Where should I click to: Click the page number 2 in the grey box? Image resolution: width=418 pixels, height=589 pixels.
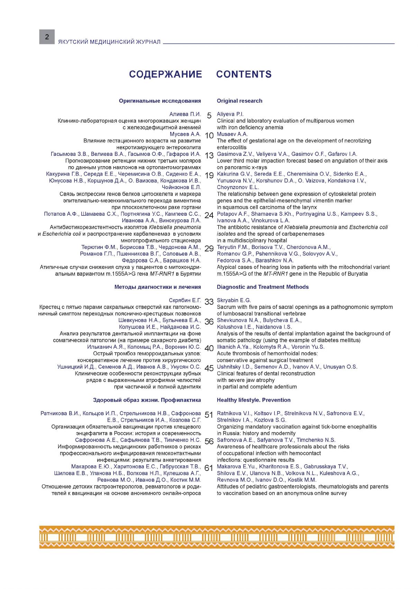tap(47, 37)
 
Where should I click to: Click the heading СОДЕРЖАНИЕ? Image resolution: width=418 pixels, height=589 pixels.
tap(165, 74)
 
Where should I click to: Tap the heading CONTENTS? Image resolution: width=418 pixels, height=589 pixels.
tap(244, 74)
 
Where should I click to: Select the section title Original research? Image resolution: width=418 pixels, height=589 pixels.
tap(239, 101)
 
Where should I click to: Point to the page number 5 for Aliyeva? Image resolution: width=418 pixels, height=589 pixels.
tap(209, 116)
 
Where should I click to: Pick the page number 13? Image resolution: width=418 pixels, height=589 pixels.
tap(209, 156)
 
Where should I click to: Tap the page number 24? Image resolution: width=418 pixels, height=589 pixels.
tap(209, 215)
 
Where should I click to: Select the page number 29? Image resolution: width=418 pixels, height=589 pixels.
tap(209, 249)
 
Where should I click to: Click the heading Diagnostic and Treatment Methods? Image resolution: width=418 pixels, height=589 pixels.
tap(263, 287)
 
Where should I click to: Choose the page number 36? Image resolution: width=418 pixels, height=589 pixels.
tap(209, 322)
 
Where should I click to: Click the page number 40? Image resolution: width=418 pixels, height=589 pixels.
tap(209, 348)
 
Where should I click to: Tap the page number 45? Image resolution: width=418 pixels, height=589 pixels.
tap(209, 368)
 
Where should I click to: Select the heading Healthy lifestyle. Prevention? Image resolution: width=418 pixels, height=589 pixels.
tap(254, 400)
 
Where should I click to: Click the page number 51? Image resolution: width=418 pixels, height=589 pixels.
tap(209, 415)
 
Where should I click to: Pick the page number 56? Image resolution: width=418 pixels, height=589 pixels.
tap(209, 441)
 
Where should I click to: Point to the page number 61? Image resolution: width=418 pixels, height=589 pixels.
tap(209, 468)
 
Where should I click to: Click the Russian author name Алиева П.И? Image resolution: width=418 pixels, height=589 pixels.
tap(185, 114)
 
